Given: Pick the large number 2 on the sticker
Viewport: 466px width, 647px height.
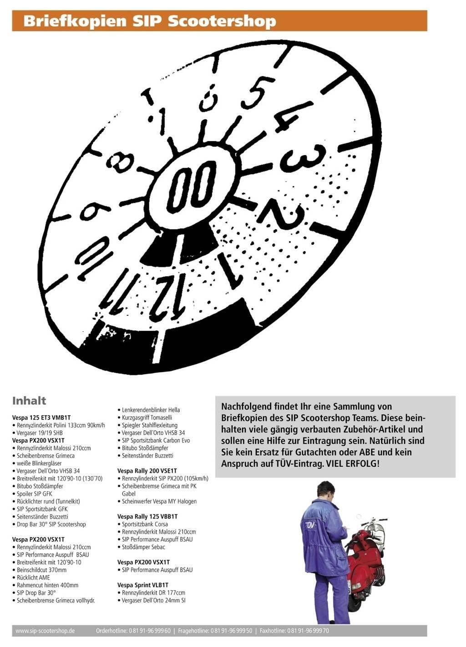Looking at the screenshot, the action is (x=282, y=214).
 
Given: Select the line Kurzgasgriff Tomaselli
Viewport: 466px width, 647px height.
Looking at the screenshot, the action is (x=145, y=417).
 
